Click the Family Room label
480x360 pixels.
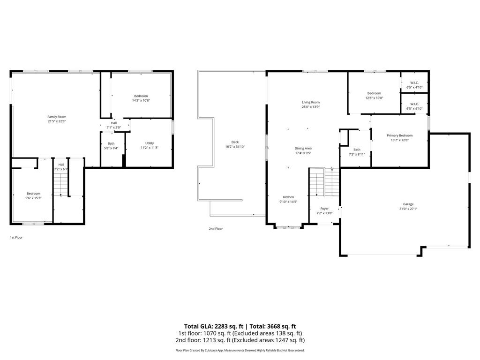coord(57,117)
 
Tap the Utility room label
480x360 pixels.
coord(150,143)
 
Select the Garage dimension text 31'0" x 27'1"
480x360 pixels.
coord(408,209)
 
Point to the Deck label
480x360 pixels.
coord(235,142)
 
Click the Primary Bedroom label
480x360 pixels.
coord(399,135)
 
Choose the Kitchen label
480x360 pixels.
coord(288,197)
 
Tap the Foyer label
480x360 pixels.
coord(324,209)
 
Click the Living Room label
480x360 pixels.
coord(310,102)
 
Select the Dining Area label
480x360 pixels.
coord(303,148)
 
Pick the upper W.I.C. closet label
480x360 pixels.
coord(414,83)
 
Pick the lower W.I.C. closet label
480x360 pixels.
coord(414,104)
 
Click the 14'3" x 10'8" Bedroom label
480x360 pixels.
coord(141,96)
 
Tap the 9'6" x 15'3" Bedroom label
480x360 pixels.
coord(33,194)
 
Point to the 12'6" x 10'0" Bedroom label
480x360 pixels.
coord(374,93)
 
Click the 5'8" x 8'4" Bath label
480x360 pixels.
coord(111,143)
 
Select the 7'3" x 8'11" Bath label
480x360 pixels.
coord(357,150)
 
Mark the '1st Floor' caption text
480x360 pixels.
coord(16,238)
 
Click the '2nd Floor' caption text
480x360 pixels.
coord(216,229)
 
